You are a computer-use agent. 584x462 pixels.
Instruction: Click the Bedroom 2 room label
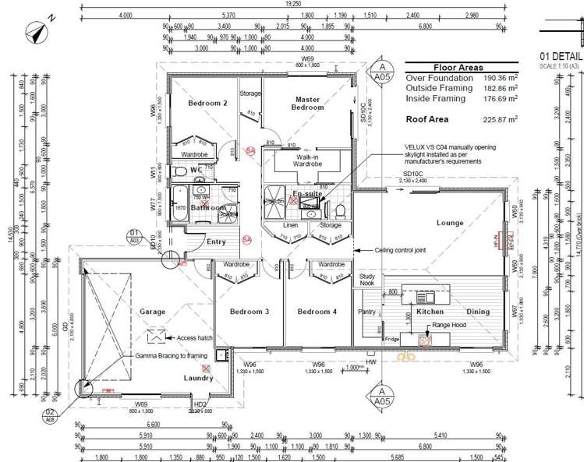click(208, 103)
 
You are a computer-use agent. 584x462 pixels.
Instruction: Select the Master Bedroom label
click(309, 104)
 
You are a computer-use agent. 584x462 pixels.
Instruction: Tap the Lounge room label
click(450, 223)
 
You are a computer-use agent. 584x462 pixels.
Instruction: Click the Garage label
click(152, 312)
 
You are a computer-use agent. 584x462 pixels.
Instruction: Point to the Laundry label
click(198, 378)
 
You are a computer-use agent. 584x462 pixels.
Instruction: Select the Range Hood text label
click(449, 324)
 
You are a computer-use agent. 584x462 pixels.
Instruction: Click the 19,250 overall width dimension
click(293, 4)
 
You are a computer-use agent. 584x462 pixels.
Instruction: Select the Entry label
click(216, 242)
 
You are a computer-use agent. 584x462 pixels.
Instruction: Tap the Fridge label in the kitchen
click(391, 339)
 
